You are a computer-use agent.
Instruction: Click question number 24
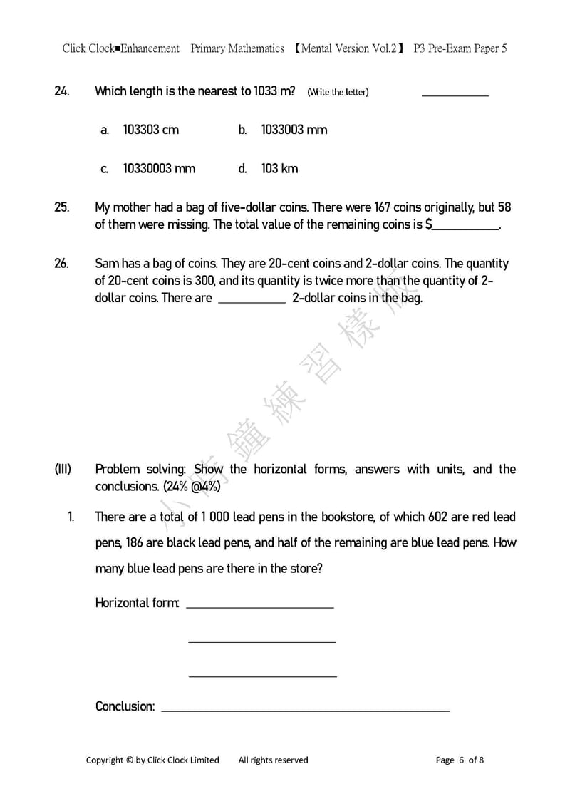[61, 91]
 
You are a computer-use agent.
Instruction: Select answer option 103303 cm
[150, 130]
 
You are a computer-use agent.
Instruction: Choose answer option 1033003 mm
[294, 130]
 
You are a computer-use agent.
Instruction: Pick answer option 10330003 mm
[159, 169]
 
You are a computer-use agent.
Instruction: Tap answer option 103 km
[279, 169]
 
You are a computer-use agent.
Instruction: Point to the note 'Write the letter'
[338, 92]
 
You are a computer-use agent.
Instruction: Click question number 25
[61, 207]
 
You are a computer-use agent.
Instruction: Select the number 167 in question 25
[385, 207]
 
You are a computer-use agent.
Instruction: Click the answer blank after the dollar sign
[466, 225]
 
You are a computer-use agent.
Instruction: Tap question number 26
[61, 264]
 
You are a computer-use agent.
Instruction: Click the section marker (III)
[63, 470]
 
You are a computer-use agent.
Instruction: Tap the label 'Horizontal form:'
[137, 603]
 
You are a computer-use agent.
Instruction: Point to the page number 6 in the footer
[462, 760]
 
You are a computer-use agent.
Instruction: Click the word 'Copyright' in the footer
[105, 760]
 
